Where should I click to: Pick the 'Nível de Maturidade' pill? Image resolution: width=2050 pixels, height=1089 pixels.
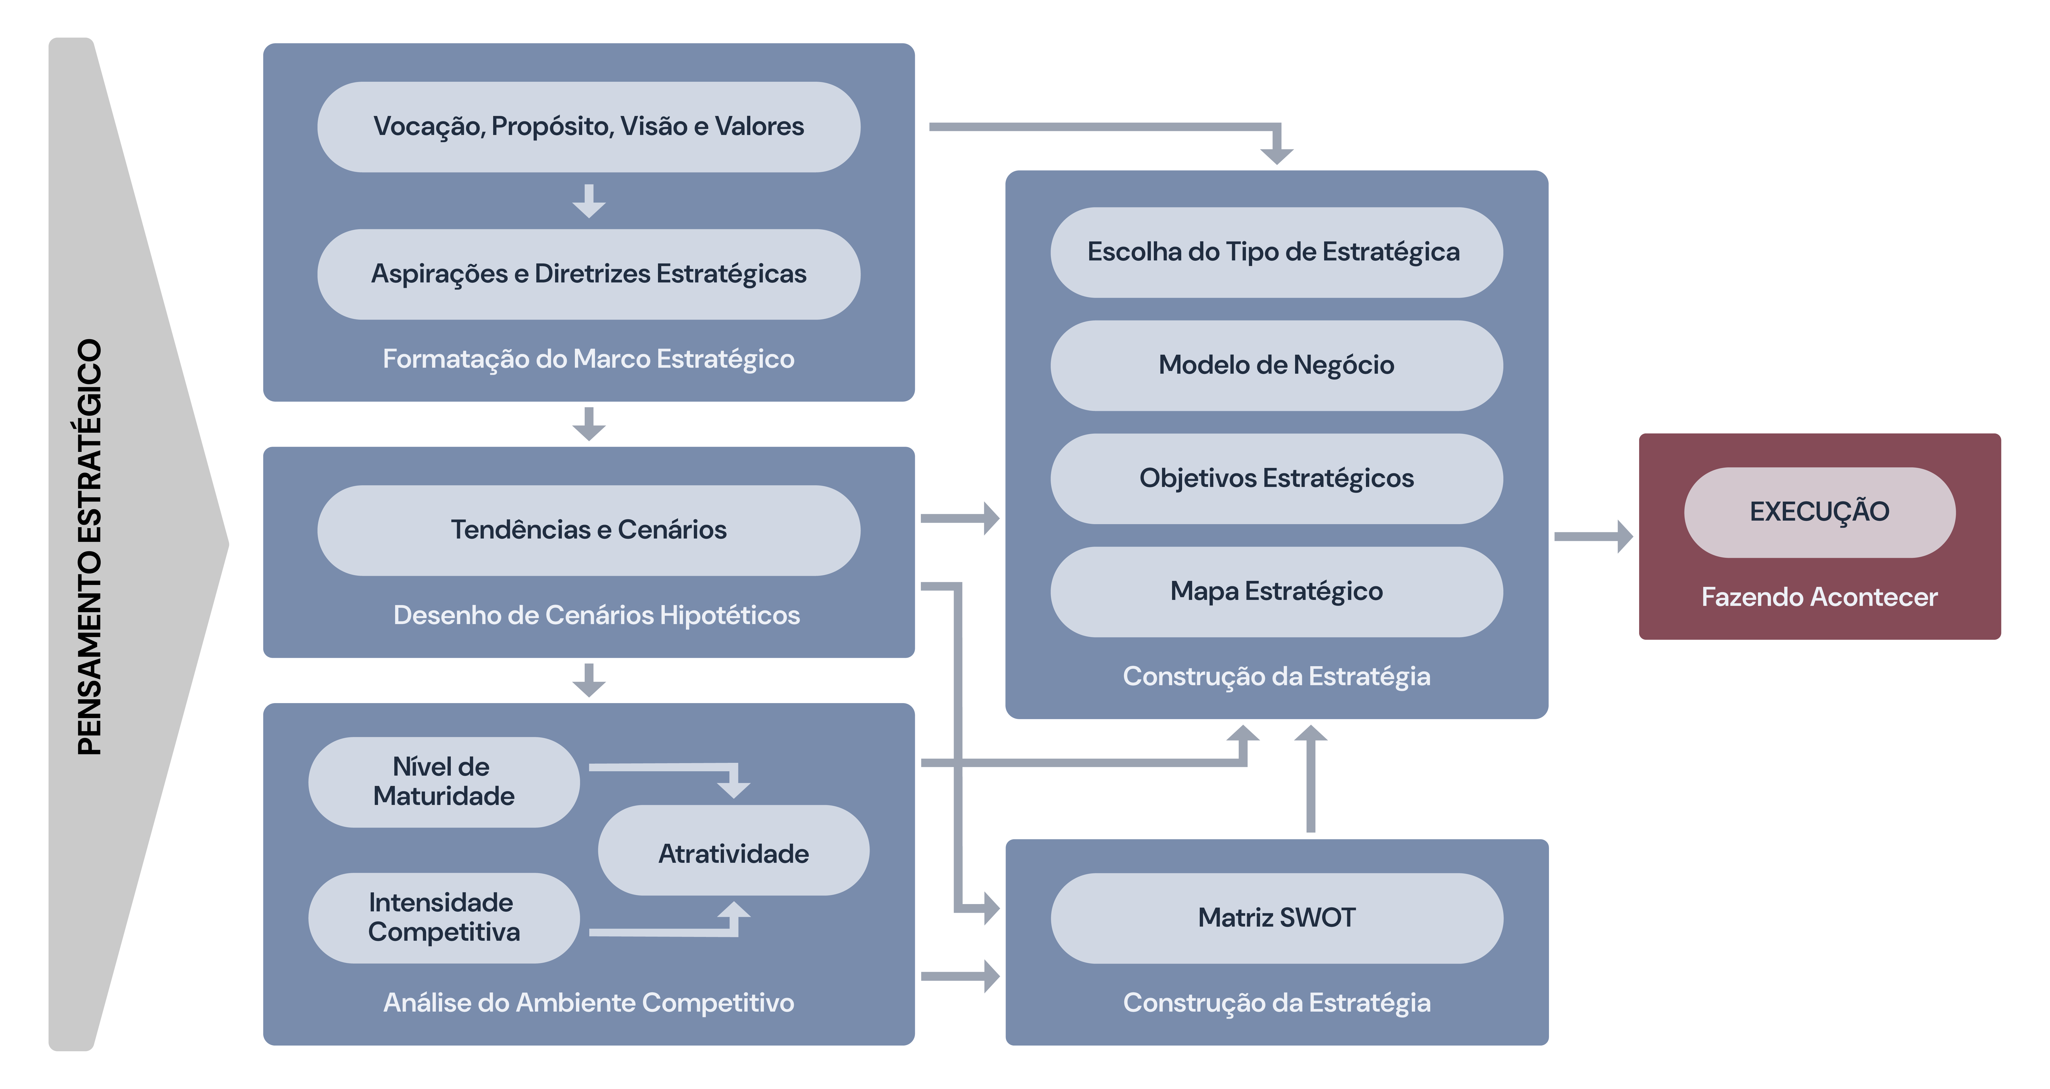click(443, 782)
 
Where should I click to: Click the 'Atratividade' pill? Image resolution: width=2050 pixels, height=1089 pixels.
click(733, 852)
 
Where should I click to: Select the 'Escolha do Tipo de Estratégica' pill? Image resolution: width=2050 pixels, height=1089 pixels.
click(1276, 252)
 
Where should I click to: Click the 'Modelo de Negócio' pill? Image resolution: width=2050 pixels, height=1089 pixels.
click(1276, 365)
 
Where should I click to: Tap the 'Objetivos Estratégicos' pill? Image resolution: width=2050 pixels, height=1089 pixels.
click(1276, 479)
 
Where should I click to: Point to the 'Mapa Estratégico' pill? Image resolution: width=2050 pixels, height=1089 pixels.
click(1276, 591)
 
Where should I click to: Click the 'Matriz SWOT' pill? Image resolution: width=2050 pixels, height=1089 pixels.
click(1276, 918)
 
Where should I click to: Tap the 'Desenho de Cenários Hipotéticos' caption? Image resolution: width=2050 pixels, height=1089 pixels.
click(596, 615)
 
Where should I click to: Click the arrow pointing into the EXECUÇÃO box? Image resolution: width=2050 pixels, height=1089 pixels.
click(1594, 537)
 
